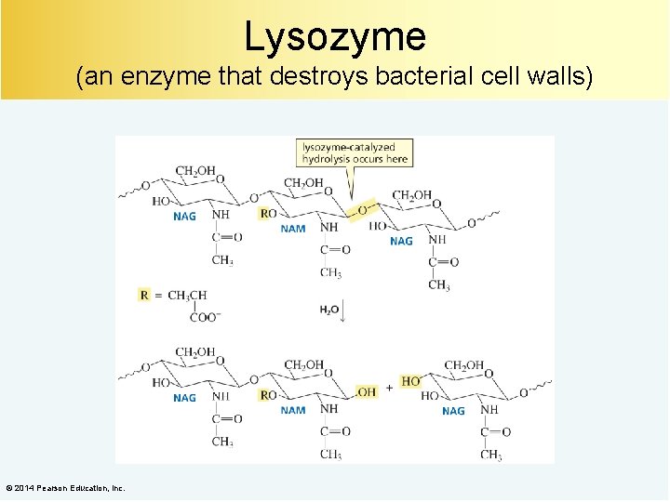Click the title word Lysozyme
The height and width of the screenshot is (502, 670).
tap(335, 36)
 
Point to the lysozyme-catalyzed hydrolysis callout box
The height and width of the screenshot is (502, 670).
tap(355, 153)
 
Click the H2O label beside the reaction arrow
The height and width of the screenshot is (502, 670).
tap(329, 310)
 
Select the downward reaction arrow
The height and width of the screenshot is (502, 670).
tap(344, 310)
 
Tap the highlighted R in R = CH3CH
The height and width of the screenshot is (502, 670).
tap(144, 295)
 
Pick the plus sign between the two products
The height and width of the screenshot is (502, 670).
tap(389, 388)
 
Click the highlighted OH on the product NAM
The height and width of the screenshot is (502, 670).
tap(366, 392)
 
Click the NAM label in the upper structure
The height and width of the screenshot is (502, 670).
tap(293, 229)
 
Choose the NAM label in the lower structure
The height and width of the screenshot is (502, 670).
tap(293, 410)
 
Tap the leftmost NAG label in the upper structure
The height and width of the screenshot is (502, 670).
tap(185, 217)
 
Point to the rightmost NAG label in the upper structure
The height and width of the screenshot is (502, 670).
tap(401, 241)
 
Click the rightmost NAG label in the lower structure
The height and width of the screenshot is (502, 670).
tap(453, 410)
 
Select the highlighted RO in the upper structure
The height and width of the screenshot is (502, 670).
tap(268, 213)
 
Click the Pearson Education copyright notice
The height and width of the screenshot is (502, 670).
tap(65, 488)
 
